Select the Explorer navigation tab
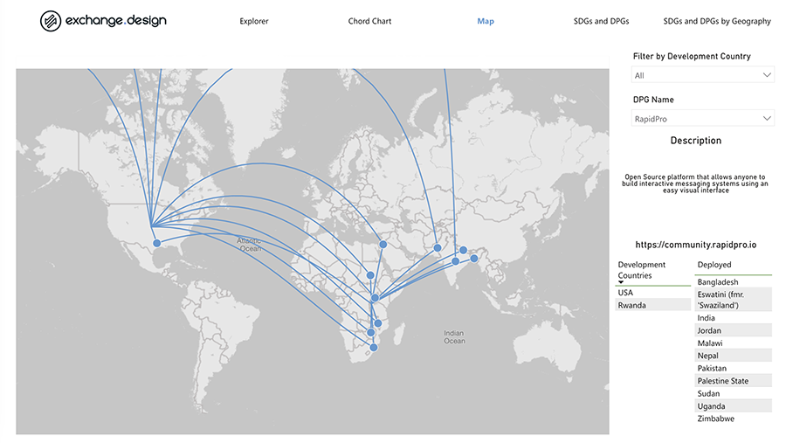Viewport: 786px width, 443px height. tap(254, 21)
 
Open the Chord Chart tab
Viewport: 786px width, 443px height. tap(369, 21)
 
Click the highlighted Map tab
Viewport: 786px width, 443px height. tap(486, 21)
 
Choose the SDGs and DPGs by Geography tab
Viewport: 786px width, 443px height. tap(716, 21)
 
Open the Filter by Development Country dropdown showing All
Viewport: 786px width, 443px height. tap(703, 76)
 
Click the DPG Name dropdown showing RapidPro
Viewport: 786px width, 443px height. tap(703, 118)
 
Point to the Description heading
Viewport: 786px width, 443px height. tap(696, 141)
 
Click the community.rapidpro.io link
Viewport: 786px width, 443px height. tap(696, 246)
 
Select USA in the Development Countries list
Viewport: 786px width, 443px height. tap(625, 293)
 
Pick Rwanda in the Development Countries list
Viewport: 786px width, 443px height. tap(631, 305)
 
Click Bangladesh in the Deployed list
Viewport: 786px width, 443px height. tap(718, 282)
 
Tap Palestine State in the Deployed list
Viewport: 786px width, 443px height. tap(723, 381)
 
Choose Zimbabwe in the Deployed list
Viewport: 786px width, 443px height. tap(716, 419)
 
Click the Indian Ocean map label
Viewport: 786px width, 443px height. tap(454, 336)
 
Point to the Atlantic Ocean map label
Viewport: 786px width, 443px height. tap(250, 244)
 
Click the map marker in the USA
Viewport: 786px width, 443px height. tap(157, 243)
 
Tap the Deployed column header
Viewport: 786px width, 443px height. tap(714, 265)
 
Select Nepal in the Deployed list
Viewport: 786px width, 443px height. tap(708, 356)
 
